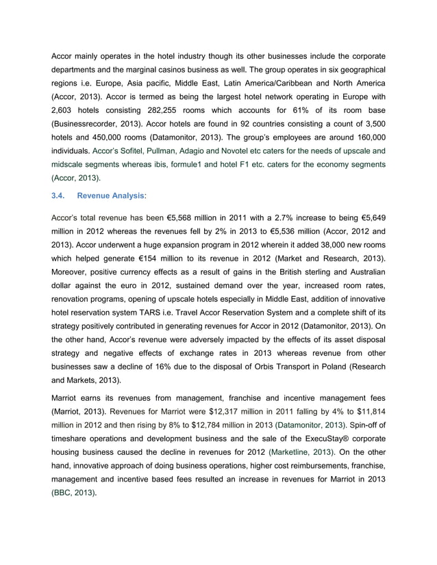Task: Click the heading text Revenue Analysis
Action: tap(112, 196)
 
